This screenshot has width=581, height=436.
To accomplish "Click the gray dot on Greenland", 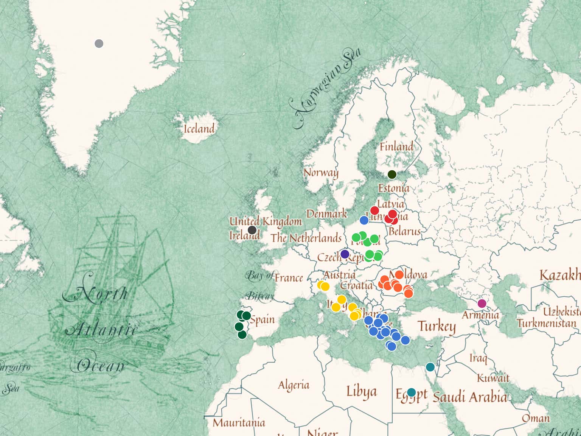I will (99, 44).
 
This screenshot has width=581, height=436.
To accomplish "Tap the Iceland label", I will (199, 129).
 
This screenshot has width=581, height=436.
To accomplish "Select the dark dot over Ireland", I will (252, 230).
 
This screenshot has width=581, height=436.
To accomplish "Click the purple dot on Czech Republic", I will (345, 254).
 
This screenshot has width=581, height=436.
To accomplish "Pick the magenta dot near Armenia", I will (482, 303).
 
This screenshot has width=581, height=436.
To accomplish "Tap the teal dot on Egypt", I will (411, 392).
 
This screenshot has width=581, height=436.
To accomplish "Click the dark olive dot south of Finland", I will (392, 174).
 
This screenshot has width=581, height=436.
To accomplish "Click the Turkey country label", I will (437, 326).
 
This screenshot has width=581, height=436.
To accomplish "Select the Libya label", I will (361, 392).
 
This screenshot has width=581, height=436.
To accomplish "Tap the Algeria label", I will (294, 385).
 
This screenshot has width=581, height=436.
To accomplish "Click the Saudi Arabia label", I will (469, 397).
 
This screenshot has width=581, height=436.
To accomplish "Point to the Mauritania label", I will (239, 422).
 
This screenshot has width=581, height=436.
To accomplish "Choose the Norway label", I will (321, 173).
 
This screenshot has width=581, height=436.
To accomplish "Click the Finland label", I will (396, 146).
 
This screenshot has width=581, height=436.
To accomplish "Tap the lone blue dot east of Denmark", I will (364, 220).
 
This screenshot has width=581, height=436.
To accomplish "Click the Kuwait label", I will (493, 378).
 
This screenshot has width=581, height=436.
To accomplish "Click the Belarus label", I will (404, 231).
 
